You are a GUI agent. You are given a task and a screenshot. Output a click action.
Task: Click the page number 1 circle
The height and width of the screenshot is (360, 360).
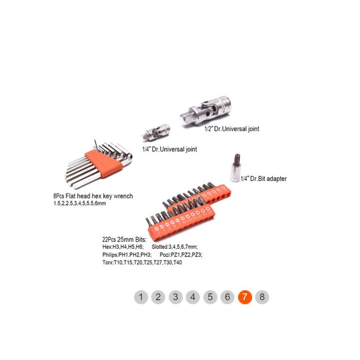141,297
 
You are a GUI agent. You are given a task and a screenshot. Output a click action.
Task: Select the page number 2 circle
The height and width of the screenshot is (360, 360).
158,297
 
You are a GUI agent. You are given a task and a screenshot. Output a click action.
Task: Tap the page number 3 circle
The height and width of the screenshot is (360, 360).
175,297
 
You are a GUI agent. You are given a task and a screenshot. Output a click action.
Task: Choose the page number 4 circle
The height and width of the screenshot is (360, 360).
193,297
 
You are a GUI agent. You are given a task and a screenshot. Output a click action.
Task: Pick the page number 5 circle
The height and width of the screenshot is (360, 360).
210,297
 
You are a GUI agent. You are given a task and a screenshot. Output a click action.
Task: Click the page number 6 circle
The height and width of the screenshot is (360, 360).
227,297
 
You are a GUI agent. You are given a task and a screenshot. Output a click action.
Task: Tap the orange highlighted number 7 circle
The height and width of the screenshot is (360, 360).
245,297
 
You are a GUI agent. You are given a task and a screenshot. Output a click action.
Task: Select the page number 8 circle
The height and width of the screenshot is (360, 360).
262,297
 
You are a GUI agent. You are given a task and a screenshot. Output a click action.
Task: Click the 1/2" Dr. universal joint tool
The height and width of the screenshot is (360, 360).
205,111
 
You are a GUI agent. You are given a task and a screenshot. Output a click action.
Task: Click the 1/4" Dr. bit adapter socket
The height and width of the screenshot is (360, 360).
235,168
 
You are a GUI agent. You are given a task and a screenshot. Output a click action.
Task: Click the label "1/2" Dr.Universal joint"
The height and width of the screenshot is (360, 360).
232,129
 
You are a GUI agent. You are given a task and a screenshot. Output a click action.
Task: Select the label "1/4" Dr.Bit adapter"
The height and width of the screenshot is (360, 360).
264,179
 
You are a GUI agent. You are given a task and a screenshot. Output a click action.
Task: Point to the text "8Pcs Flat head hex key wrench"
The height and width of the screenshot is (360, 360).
93,196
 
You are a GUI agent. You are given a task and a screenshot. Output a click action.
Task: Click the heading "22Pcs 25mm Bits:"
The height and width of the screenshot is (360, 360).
125,239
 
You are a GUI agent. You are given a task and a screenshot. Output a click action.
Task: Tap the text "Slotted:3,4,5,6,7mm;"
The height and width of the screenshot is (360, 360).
175,247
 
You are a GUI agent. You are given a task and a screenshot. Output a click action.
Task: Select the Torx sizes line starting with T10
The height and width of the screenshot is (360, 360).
142,262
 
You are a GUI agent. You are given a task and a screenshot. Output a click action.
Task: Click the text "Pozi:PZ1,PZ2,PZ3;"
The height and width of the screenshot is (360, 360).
181,255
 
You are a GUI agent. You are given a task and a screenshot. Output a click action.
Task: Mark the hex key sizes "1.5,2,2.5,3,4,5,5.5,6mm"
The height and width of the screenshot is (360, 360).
80,203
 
